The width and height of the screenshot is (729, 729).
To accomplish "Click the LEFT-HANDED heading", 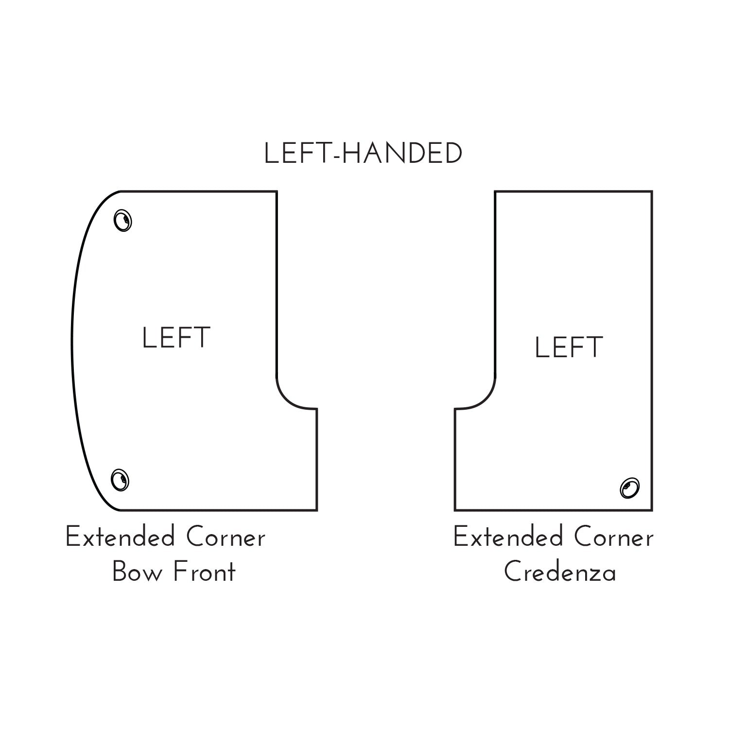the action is click(x=363, y=154).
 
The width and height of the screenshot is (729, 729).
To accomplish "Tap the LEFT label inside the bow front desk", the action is click(x=176, y=338).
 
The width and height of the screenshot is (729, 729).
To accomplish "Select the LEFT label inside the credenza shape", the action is click(x=569, y=347).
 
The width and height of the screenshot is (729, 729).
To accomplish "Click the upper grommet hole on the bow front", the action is click(x=123, y=221).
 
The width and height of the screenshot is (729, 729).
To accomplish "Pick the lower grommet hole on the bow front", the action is click(x=120, y=480).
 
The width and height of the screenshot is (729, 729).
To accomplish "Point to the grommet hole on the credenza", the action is click(x=630, y=487).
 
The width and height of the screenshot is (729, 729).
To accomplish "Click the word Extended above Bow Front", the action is click(x=120, y=538).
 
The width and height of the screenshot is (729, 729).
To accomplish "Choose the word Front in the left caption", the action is click(x=204, y=572).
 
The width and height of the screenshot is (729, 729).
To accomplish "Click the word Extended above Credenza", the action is click(x=508, y=538).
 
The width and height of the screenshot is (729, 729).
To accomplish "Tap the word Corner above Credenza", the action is click(x=614, y=538).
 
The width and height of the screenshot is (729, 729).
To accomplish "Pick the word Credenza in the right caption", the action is click(x=560, y=572).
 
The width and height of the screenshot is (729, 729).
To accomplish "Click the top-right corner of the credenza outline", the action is click(x=652, y=191).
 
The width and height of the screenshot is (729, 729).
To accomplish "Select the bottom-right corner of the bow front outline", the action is click(x=317, y=510).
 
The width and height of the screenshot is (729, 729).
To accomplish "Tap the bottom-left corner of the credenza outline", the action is click(x=455, y=510).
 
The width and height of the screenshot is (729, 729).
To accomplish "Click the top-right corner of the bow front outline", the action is click(x=277, y=191).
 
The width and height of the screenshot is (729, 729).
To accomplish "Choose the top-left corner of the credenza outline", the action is click(x=495, y=191).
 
